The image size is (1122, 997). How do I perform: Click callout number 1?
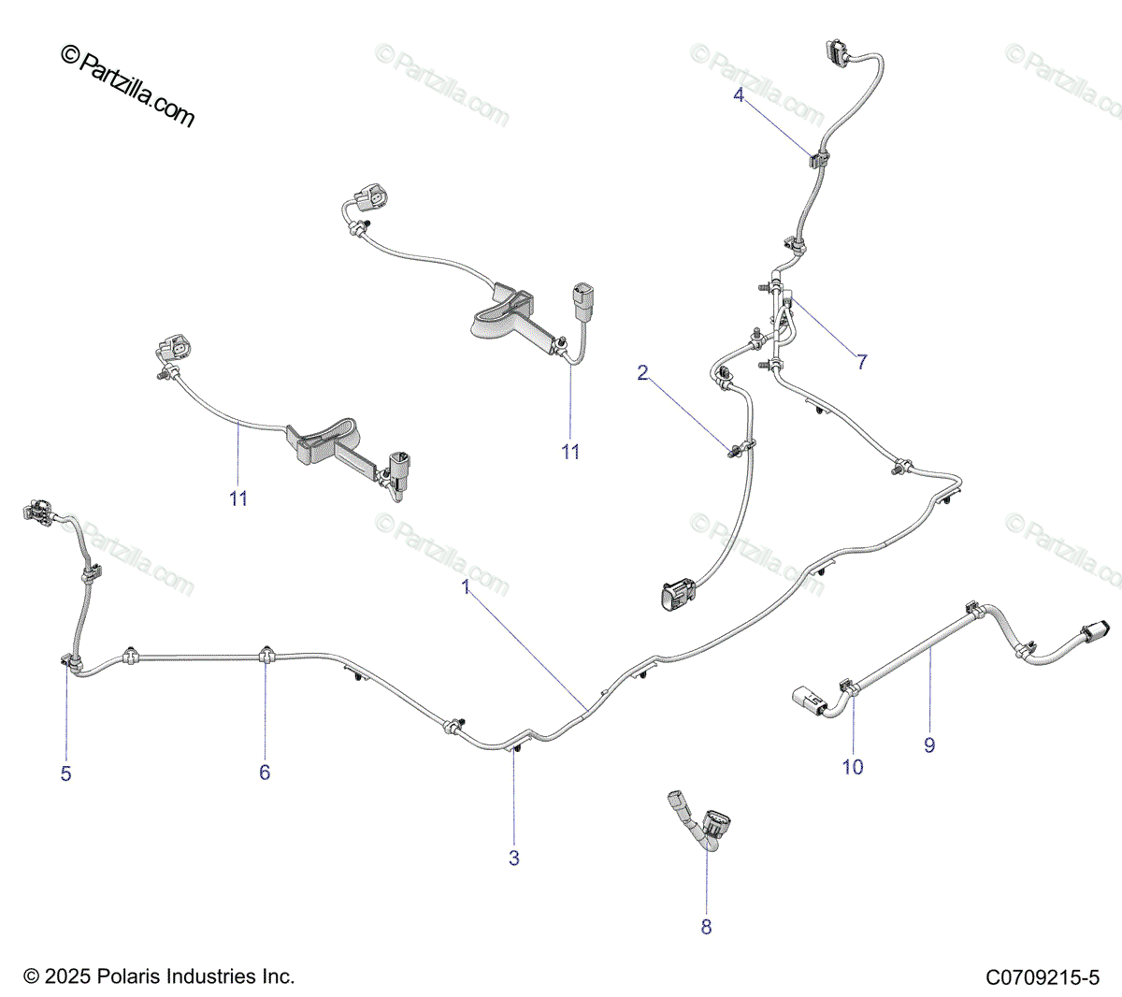click(465, 587)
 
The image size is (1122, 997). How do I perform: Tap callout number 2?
click(642, 373)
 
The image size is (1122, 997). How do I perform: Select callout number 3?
click(513, 858)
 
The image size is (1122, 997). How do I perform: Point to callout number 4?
click(739, 94)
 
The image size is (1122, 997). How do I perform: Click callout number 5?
click(65, 773)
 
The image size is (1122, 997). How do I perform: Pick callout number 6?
click(265, 773)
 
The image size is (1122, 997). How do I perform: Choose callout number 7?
click(862, 362)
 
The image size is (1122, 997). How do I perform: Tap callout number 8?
click(706, 927)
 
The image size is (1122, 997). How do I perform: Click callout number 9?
click(929, 745)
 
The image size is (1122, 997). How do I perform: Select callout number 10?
click(853, 767)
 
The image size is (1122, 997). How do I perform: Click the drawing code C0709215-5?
click(1043, 978)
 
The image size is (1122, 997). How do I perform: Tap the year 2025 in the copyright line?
click(69, 976)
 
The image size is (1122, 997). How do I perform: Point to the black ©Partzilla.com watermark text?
click(127, 87)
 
